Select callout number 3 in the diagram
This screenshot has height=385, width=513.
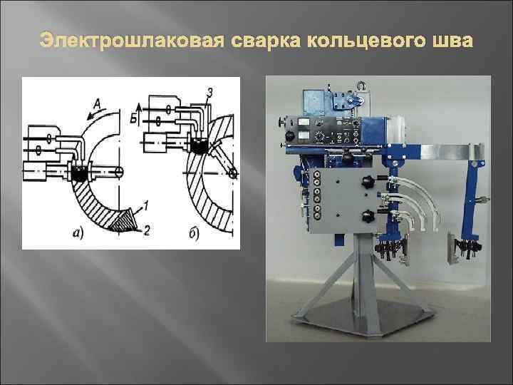(x=209, y=91)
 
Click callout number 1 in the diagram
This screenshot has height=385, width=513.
(x=145, y=205)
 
